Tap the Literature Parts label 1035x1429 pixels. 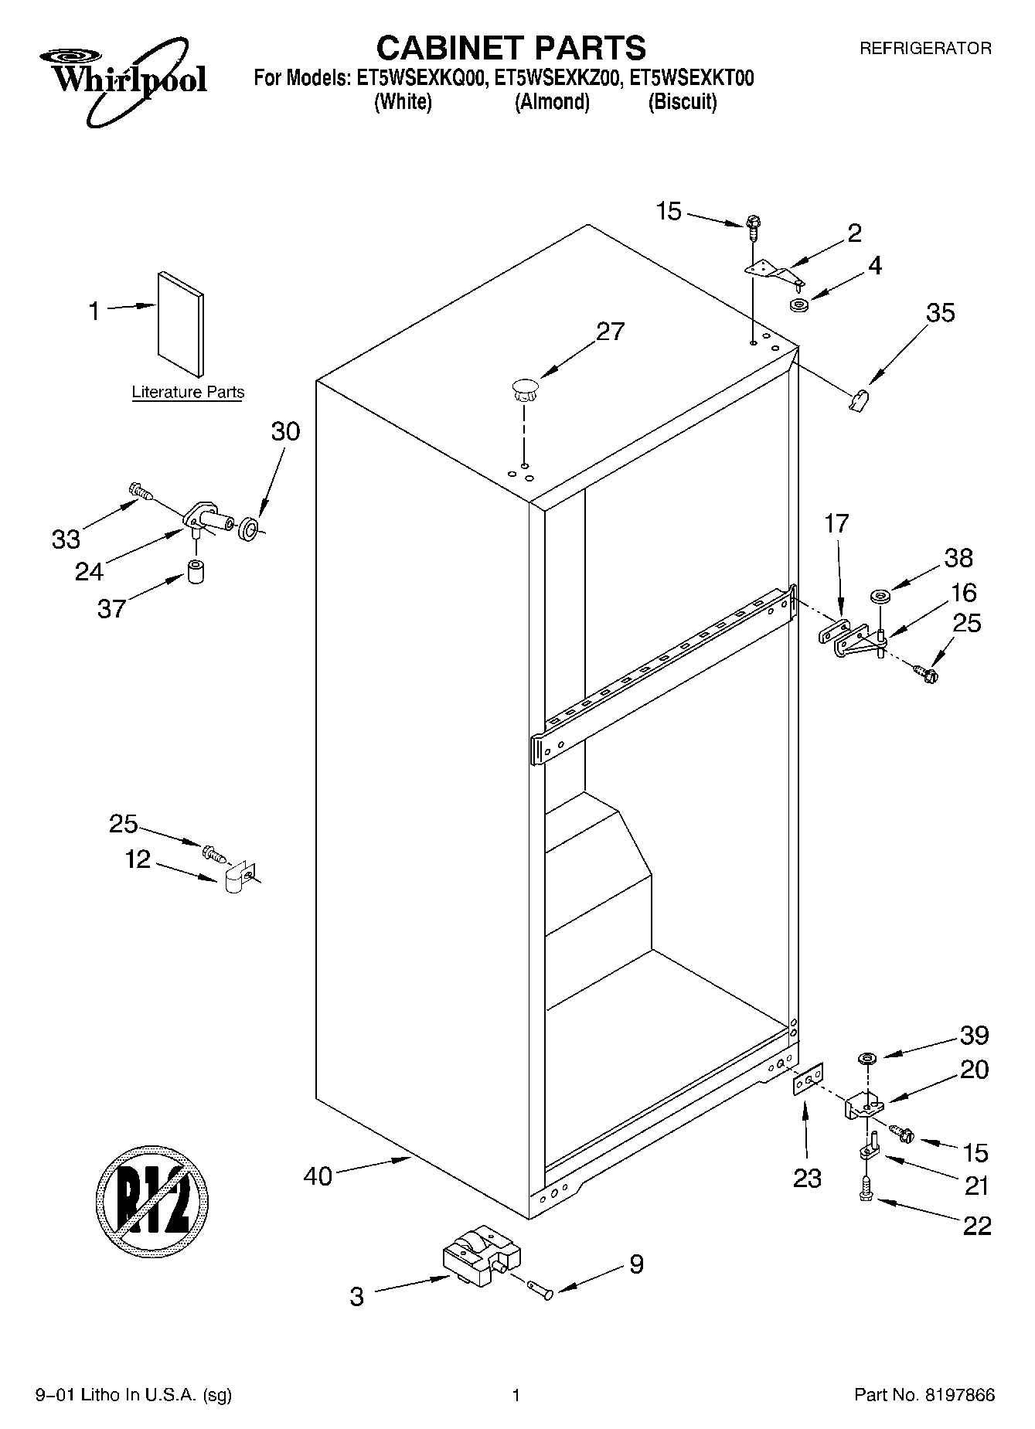tap(188, 392)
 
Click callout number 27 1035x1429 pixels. tap(610, 331)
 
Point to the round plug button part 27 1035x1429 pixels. tap(524, 388)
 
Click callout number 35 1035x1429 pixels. tap(940, 313)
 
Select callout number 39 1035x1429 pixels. tap(974, 1035)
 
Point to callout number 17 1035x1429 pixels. tap(836, 523)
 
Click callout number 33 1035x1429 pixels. tap(66, 538)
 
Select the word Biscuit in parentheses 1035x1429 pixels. tap(682, 102)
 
